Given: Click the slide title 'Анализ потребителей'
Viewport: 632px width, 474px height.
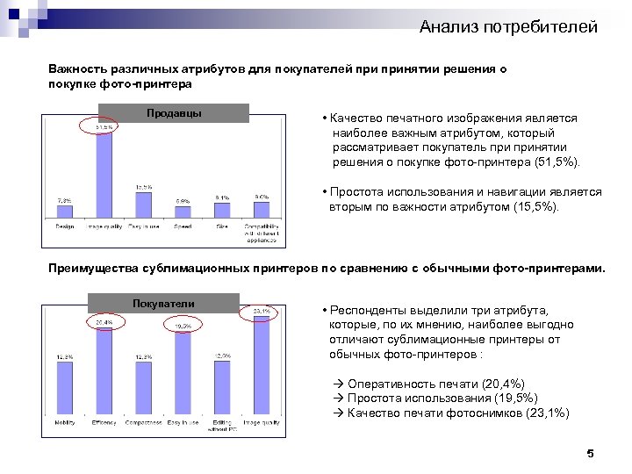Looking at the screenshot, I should click(x=508, y=27).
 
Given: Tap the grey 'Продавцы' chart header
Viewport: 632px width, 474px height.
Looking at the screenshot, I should click(x=174, y=113).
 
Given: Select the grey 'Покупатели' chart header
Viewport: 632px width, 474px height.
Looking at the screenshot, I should click(x=163, y=304).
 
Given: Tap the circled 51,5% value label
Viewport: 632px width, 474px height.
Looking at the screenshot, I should click(x=104, y=126).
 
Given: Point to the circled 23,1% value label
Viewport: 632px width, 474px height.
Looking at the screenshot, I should click(x=262, y=311).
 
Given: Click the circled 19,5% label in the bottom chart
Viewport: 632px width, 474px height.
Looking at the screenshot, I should click(x=183, y=326).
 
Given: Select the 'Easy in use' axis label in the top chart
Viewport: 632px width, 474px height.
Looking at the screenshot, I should click(x=143, y=226).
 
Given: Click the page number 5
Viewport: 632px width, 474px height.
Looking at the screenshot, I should click(x=590, y=454).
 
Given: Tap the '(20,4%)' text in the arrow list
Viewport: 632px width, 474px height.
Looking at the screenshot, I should click(x=504, y=384).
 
